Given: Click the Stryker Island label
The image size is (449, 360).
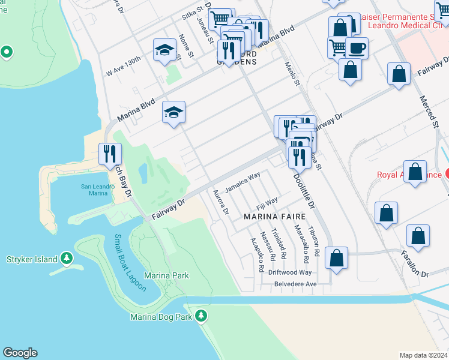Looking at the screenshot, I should [32, 259].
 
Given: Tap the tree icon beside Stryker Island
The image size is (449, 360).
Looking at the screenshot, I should [66, 259].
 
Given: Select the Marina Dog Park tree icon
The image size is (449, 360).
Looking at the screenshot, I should [203, 316].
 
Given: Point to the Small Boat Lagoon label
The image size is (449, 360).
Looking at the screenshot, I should [130, 263].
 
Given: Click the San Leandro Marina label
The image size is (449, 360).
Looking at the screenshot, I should [95, 190].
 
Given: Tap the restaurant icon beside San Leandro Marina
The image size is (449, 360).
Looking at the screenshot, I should [109, 154].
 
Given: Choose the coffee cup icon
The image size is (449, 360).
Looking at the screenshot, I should [356, 47].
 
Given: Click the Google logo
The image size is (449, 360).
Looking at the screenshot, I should [20, 353].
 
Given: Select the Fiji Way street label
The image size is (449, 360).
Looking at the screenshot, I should [267, 201].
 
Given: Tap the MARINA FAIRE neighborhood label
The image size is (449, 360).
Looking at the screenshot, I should [270, 216].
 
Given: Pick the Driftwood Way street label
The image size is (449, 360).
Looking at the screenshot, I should [290, 272].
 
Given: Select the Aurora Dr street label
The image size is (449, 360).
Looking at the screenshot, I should [221, 202].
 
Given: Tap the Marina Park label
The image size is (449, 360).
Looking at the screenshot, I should [170, 275].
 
